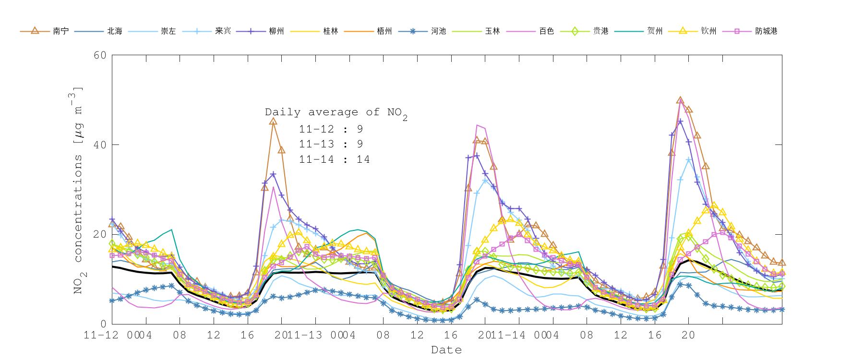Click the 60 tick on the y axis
point(100,55)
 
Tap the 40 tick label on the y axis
point(100,145)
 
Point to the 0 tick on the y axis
point(103,324)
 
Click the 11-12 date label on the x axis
point(101,335)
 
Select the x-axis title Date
point(446,350)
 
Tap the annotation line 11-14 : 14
point(334,159)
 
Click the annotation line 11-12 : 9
point(331,129)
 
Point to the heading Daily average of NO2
point(336,113)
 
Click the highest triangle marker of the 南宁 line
point(680,100)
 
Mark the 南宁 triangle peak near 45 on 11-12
point(273,121)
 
